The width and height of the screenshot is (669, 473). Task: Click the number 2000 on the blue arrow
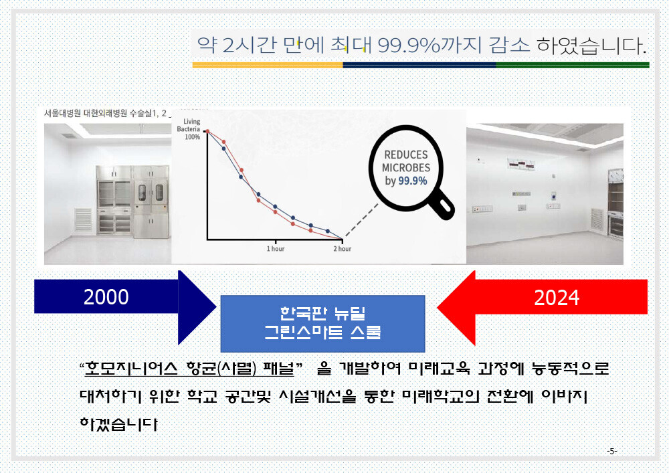(x=106, y=297)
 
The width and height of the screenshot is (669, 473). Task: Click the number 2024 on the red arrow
(x=557, y=298)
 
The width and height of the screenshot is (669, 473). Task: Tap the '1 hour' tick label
(x=276, y=249)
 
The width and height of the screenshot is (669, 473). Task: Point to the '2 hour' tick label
(x=342, y=249)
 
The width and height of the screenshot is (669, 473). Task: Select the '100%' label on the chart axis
(x=193, y=137)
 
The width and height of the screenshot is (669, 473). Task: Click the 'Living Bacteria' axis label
(x=189, y=125)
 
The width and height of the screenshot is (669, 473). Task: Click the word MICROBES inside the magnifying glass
(x=406, y=168)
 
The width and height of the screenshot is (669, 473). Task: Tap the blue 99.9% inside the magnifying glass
(x=413, y=181)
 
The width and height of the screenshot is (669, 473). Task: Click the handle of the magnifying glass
(x=442, y=207)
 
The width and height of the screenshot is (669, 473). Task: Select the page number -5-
(x=612, y=451)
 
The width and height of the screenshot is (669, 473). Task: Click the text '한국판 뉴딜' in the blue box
(x=322, y=313)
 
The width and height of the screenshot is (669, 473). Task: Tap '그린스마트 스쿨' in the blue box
(x=322, y=332)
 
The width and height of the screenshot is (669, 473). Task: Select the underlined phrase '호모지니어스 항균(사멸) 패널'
(x=190, y=368)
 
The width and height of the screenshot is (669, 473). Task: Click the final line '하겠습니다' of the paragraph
(x=118, y=424)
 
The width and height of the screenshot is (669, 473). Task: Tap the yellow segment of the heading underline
(x=268, y=66)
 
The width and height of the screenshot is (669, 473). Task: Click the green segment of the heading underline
(x=573, y=66)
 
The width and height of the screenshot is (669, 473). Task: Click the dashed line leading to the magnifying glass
(x=362, y=219)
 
